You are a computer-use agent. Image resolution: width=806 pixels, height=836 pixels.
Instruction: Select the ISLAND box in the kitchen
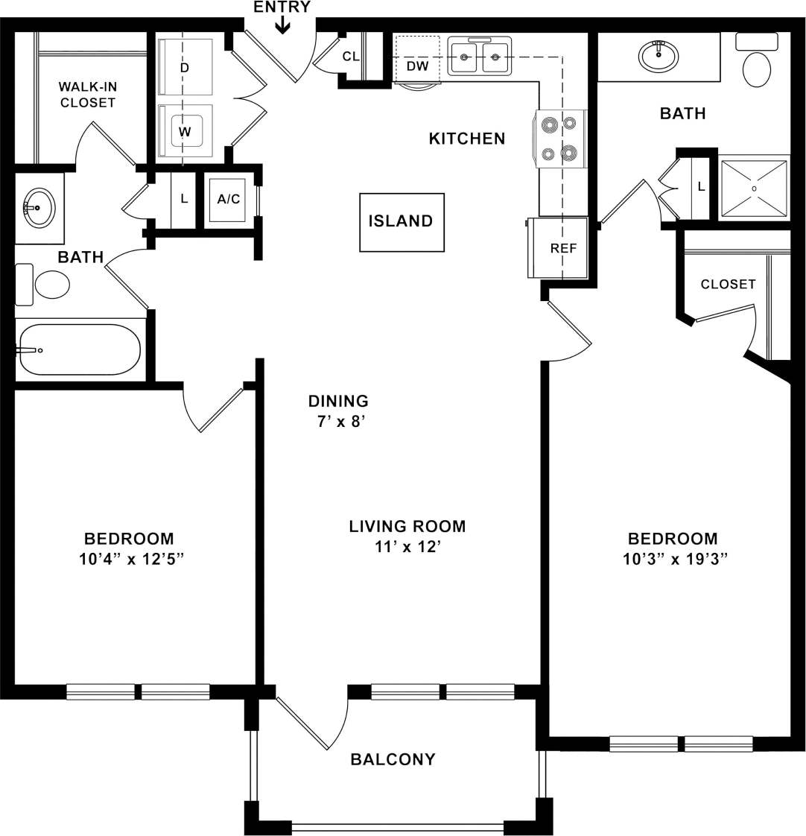tap(401, 221)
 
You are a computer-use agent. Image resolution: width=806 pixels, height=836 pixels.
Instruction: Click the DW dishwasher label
tap(417, 66)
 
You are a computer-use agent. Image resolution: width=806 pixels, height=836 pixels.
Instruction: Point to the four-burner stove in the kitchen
tap(559, 139)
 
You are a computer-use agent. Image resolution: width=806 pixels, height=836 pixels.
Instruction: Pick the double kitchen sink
tap(480, 56)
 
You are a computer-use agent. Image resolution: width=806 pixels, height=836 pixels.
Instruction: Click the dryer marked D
tap(185, 68)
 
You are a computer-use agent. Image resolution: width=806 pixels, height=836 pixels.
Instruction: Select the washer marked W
tap(185, 132)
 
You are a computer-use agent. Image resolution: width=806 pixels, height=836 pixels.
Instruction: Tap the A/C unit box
tap(228, 199)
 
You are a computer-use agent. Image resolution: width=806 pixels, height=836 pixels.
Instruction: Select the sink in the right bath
tap(659, 54)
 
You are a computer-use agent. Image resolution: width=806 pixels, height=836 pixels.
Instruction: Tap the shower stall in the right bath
tap(753, 189)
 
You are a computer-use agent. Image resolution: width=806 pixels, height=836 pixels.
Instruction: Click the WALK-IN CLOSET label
tap(88, 95)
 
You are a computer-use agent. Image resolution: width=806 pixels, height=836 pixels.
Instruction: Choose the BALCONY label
tap(393, 759)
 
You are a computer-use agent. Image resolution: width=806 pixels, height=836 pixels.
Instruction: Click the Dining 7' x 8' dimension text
tap(338, 421)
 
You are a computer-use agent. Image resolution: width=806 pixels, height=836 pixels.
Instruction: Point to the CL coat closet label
tap(351, 56)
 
